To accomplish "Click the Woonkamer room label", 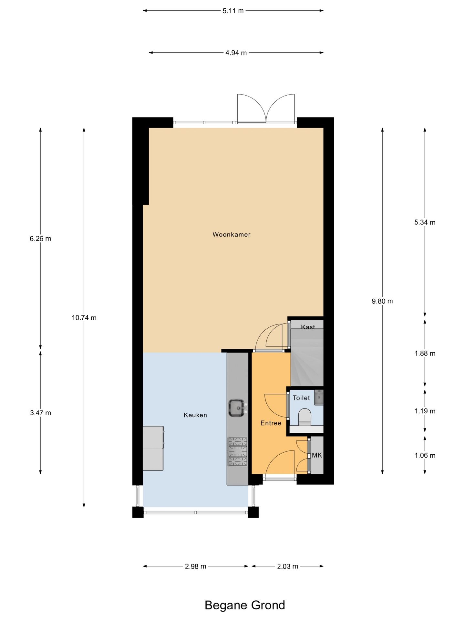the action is click(x=232, y=234).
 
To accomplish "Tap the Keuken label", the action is click(x=195, y=415).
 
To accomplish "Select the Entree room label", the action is click(x=271, y=423).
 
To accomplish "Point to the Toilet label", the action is click(x=301, y=398).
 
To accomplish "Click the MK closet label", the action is click(x=317, y=455).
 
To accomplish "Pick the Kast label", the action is click(x=308, y=327).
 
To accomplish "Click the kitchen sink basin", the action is click(x=237, y=408).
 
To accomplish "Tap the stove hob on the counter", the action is click(x=238, y=451).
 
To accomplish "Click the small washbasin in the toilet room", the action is click(x=319, y=397).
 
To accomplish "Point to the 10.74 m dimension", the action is click(x=84, y=318).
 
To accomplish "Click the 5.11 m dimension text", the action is click(x=233, y=11).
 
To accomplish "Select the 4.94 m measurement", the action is click(x=236, y=53).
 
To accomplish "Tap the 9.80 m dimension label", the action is click(x=382, y=301).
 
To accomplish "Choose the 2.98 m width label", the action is click(x=196, y=566).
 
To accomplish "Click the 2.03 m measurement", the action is click(x=288, y=566).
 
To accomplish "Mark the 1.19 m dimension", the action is click(x=425, y=411).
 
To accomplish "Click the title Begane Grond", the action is click(x=245, y=605).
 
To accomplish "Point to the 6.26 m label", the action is click(x=40, y=239).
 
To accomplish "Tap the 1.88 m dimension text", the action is click(x=425, y=354).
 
